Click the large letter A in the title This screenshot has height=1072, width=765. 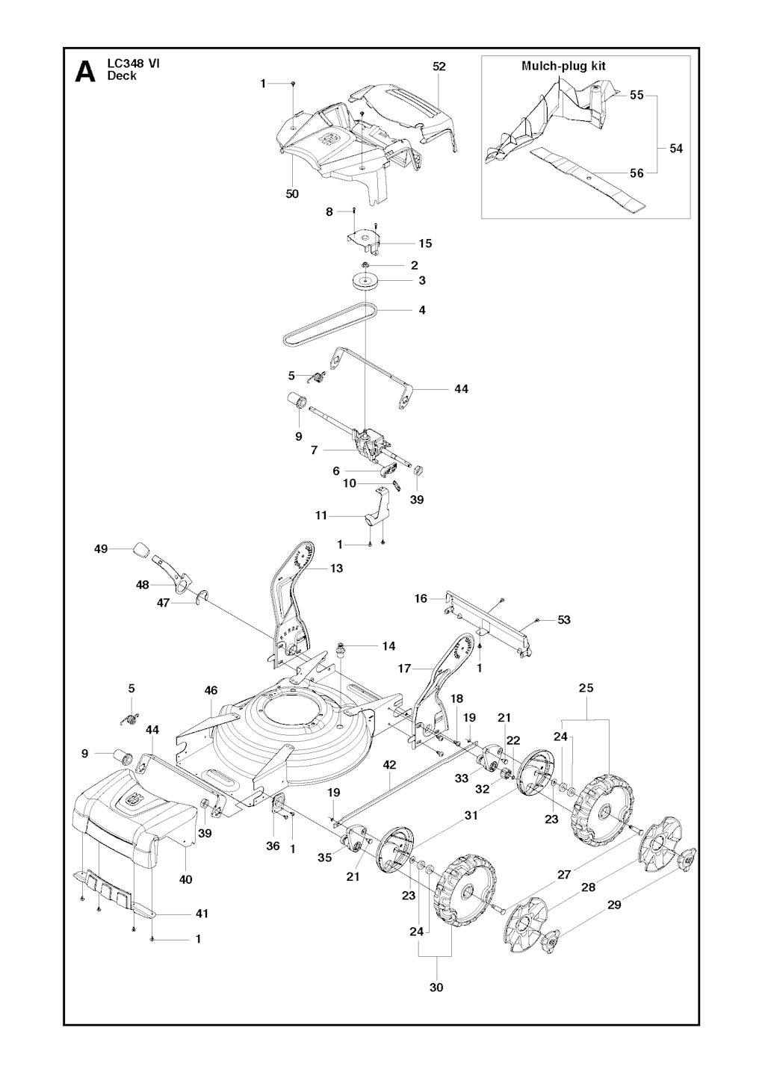(85, 72)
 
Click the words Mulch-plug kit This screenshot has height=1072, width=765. (563, 66)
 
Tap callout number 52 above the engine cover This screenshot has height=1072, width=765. (439, 66)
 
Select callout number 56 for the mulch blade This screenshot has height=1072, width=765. (637, 173)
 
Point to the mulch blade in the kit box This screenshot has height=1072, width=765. (590, 178)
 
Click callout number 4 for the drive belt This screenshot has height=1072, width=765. (422, 309)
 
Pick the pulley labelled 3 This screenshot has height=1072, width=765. (366, 282)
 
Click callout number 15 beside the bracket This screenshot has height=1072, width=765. (425, 244)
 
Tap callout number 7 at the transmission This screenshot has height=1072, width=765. (315, 450)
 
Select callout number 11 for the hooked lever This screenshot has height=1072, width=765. (321, 515)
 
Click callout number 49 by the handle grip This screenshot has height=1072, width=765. (101, 549)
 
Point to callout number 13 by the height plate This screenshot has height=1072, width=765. (337, 568)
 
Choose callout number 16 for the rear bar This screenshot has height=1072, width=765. (421, 598)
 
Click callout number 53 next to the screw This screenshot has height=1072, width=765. (564, 620)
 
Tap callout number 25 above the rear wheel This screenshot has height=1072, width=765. (586, 687)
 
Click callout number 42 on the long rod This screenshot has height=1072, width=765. (389, 764)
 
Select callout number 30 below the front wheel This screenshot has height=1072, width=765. (436, 987)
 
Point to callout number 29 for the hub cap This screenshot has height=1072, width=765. (614, 905)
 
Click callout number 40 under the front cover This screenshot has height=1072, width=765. (185, 879)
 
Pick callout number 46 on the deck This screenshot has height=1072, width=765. (211, 691)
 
